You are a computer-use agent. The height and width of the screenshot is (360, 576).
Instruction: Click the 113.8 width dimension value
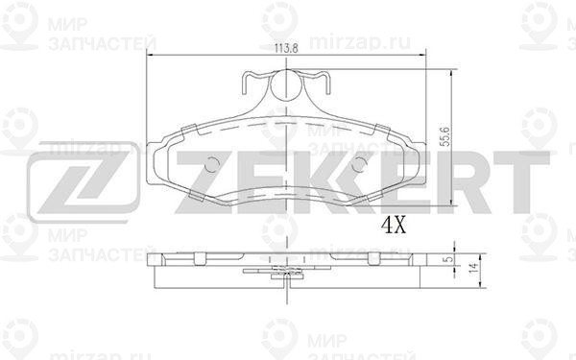[286, 48]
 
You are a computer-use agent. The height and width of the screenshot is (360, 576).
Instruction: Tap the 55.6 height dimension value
[445, 136]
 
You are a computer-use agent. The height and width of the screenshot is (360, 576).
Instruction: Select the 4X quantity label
[394, 225]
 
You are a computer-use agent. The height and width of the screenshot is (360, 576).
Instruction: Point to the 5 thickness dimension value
[446, 259]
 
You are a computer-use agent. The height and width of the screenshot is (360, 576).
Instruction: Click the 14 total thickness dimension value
[474, 268]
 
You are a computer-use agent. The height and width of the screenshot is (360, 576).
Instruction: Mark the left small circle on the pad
[211, 164]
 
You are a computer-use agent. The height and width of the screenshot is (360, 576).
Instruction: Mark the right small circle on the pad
[358, 164]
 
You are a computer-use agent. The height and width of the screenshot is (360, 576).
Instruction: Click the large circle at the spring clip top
[286, 85]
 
